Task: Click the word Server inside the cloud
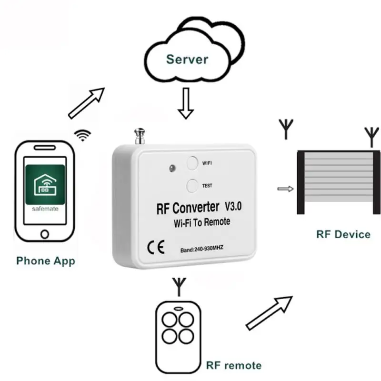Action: click(x=187, y=60)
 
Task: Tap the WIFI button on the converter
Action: click(x=192, y=163)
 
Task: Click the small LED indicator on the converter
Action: click(x=170, y=168)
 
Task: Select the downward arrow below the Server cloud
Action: click(x=186, y=106)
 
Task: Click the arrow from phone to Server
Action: click(x=87, y=102)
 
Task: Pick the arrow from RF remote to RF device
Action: click(x=270, y=312)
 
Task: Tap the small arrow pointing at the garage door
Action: click(x=285, y=189)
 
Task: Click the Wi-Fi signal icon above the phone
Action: click(x=84, y=135)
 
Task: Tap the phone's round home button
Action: click(x=45, y=234)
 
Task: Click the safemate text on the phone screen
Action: click(x=45, y=209)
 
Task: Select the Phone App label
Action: click(x=46, y=261)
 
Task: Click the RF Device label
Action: click(x=343, y=234)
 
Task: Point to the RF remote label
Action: click(x=233, y=366)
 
